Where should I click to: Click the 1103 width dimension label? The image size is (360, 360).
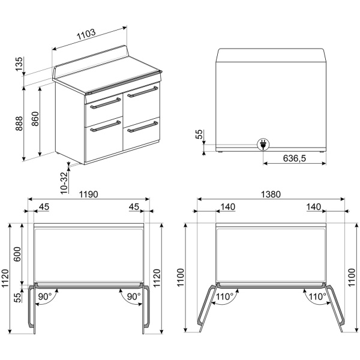point(86,34)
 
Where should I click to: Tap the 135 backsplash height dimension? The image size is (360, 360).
point(19,64)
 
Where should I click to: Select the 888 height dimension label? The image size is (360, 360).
point(19,124)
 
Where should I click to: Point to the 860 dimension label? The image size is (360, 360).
point(35,119)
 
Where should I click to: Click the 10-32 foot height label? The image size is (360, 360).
point(65,183)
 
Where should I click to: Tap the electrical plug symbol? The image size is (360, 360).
point(263,145)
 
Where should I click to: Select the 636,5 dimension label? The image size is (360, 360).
point(295,158)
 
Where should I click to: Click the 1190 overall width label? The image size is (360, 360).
point(89,194)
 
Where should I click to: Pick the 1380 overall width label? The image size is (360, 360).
point(271,194)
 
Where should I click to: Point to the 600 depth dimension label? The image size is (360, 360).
point(17,254)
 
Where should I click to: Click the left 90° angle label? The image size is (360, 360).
point(45,296)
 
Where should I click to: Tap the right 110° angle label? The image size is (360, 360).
point(317,296)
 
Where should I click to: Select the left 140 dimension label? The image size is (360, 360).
point(228,207)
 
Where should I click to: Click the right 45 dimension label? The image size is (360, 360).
point(134,207)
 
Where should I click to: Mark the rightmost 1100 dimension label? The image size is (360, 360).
point(352,277)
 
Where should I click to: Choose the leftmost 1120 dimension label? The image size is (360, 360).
point(5,278)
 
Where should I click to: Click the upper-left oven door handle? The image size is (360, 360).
point(106,103)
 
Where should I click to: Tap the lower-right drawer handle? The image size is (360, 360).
point(143,127)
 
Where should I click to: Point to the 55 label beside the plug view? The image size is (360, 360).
point(199,134)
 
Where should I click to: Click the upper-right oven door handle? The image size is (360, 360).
point(143,92)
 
